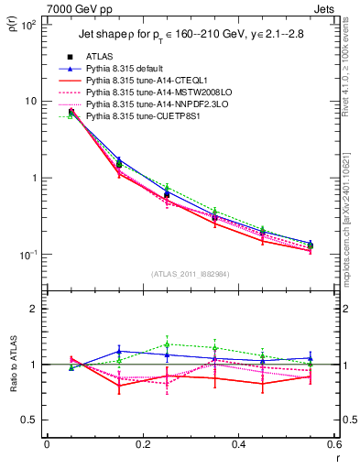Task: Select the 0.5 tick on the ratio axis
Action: pos(34,420)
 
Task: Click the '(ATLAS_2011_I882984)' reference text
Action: pos(191,274)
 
